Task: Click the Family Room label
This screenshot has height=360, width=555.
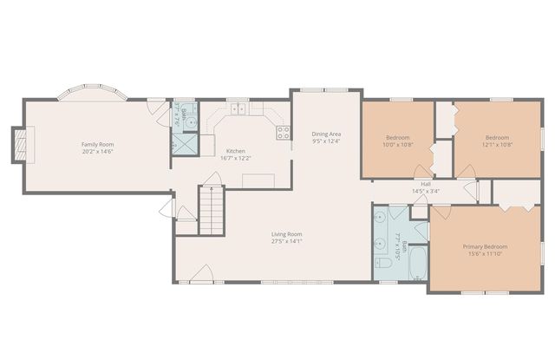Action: tap(97, 144)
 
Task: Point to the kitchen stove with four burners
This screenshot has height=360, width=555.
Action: tap(283, 132)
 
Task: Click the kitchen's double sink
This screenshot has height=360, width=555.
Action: tap(239, 110)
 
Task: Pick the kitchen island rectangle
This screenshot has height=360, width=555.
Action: tap(258, 180)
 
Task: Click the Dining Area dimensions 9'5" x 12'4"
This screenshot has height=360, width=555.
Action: tap(325, 143)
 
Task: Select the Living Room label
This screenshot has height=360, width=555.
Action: tap(286, 233)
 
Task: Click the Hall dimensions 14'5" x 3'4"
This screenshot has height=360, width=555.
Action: tap(425, 191)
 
